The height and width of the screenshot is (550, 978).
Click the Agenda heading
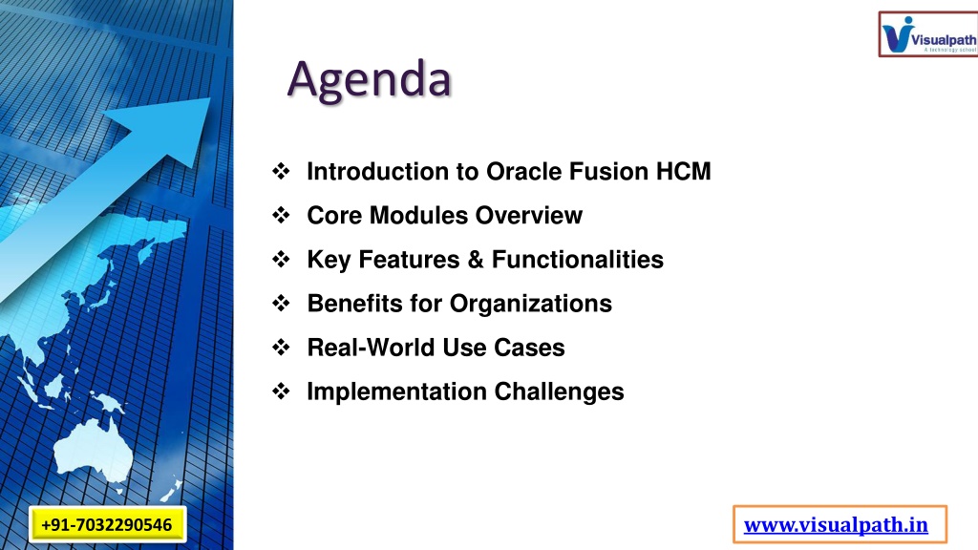(369, 80)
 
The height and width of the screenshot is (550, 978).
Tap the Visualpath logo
(928, 34)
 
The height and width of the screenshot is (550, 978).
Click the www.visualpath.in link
(836, 524)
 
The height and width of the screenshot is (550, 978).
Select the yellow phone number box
(107, 524)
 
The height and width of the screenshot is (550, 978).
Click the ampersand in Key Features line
(476, 260)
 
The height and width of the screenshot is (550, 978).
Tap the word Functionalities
(578, 260)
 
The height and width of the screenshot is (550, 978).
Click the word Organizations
(531, 304)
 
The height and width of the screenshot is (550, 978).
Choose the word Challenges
(559, 392)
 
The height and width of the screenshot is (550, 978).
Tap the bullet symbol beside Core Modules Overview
(281, 215)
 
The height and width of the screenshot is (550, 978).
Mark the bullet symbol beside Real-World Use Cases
(281, 348)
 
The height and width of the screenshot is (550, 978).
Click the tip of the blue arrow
(209, 98)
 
